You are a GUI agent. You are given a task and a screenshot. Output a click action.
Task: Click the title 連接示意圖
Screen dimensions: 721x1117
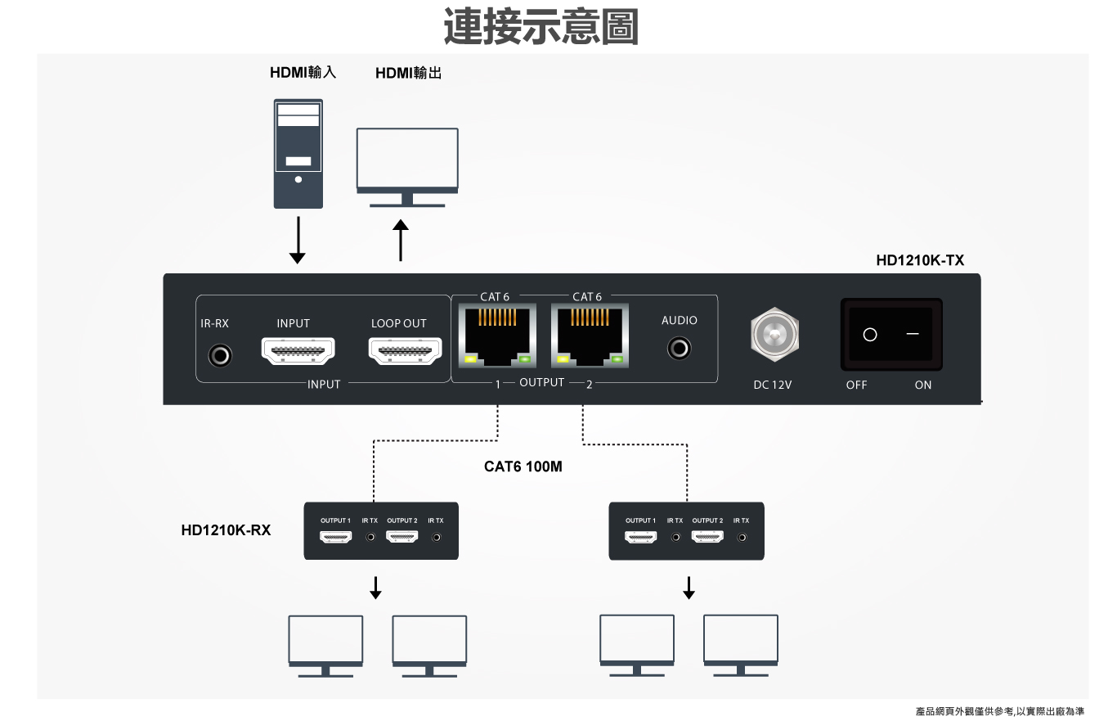click(x=541, y=26)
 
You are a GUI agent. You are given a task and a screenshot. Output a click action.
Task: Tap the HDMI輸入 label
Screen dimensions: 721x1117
click(x=303, y=73)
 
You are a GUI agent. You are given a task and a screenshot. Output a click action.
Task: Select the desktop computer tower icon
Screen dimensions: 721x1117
click(x=298, y=153)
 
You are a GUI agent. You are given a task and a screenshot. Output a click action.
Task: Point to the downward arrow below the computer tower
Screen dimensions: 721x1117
click(x=298, y=240)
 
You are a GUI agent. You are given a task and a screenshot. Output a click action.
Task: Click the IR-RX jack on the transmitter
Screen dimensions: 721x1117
click(x=220, y=356)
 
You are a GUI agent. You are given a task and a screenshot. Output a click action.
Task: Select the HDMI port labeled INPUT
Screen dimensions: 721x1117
click(x=298, y=352)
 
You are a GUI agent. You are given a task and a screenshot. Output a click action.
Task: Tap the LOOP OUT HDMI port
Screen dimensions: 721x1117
click(x=405, y=352)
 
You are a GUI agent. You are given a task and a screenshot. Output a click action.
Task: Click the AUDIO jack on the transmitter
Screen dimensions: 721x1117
click(x=679, y=349)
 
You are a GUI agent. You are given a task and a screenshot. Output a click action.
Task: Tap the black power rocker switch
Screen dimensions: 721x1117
click(x=891, y=334)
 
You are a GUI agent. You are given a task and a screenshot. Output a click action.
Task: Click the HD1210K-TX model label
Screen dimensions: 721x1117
click(x=920, y=261)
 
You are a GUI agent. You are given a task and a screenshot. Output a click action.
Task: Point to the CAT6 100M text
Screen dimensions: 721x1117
click(x=523, y=467)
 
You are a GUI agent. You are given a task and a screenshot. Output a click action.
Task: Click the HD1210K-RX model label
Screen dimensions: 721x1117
click(x=226, y=530)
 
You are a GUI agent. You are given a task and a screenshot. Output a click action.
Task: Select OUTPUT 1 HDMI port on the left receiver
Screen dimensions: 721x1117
click(x=335, y=538)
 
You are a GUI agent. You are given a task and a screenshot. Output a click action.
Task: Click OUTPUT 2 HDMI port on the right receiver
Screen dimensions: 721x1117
click(x=707, y=538)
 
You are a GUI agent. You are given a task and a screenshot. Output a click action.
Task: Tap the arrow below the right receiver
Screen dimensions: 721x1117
click(x=689, y=587)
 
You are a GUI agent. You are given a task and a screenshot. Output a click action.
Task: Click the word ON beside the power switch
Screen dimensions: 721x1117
click(x=922, y=385)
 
